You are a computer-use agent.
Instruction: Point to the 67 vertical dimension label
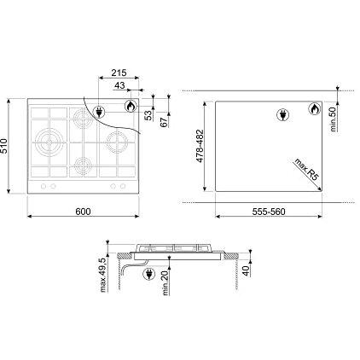click(163, 119)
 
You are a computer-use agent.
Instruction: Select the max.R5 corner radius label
click(306, 167)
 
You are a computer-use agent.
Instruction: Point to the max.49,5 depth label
click(102, 275)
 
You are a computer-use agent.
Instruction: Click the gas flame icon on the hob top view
click(131, 107)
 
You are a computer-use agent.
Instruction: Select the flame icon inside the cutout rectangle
click(314, 110)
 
